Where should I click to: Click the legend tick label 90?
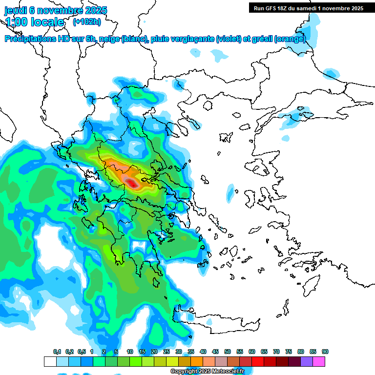pyautogui.click(x=325, y=352)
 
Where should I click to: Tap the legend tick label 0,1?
pyautogui.click(x=57, y=352)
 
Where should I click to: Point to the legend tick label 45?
pyautogui.click(x=215, y=352)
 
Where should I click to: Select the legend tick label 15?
pyautogui.click(x=142, y=352)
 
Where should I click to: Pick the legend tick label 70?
pyautogui.click(x=276, y=352)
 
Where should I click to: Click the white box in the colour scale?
pyautogui.click(x=50, y=361)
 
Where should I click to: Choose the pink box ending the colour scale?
pyautogui.click(x=319, y=361)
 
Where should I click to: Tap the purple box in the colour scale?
pyautogui.click(x=307, y=361)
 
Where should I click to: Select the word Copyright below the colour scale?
pyautogui.click(x=185, y=372)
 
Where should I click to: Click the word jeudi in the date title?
pyautogui.click(x=17, y=10)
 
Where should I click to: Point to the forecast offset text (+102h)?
pyautogui.click(x=86, y=22)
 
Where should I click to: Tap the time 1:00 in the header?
pyautogui.click(x=16, y=22)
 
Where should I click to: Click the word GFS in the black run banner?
pyautogui.click(x=272, y=8)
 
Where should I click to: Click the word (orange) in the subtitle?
pyautogui.click(x=290, y=39)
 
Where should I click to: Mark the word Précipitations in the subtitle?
pyautogui.click(x=30, y=39)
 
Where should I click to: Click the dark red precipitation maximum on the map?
pyautogui.click(x=131, y=183)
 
